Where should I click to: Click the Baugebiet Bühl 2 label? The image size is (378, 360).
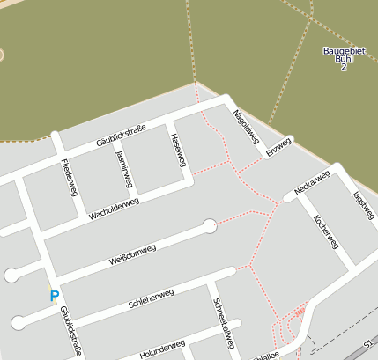[x=343, y=59]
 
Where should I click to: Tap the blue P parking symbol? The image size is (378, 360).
[x=55, y=297]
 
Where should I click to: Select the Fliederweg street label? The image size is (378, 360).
[x=70, y=178]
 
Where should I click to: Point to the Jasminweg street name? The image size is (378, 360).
[x=123, y=168]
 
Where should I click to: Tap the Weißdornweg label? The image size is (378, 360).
[x=132, y=256]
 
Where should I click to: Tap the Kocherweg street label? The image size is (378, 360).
[x=325, y=230]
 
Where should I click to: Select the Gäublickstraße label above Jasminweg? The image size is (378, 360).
[x=121, y=136]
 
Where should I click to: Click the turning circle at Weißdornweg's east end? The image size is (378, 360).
[x=210, y=226]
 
